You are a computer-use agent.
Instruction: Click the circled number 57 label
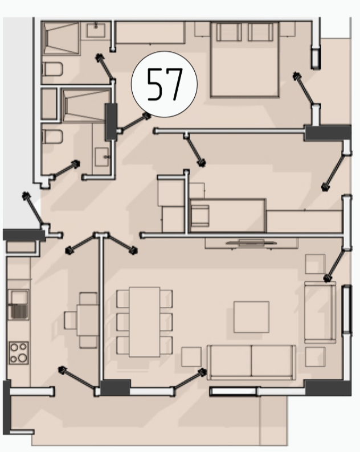point(164,84)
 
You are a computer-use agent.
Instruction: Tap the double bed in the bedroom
point(245,59)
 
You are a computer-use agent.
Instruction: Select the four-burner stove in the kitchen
point(19,352)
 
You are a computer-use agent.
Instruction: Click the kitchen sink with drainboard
point(18,305)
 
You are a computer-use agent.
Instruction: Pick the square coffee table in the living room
point(252,317)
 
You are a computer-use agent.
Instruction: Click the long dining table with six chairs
point(145,322)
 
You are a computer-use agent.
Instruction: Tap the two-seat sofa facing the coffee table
point(252,362)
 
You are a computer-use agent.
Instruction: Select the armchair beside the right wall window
point(320,312)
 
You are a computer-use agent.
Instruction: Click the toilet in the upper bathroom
point(52,69)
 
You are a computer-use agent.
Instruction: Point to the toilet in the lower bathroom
point(52,137)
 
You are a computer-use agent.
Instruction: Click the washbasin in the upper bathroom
point(96,30)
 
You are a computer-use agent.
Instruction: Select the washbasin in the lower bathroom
point(102,157)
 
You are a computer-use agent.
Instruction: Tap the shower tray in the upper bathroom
point(61,38)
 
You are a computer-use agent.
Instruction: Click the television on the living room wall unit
point(251,243)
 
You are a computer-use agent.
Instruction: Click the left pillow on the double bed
point(229,32)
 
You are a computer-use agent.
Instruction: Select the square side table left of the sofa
point(191,356)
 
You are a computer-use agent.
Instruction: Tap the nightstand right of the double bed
point(288,29)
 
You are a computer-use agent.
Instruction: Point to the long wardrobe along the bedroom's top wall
point(150,32)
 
